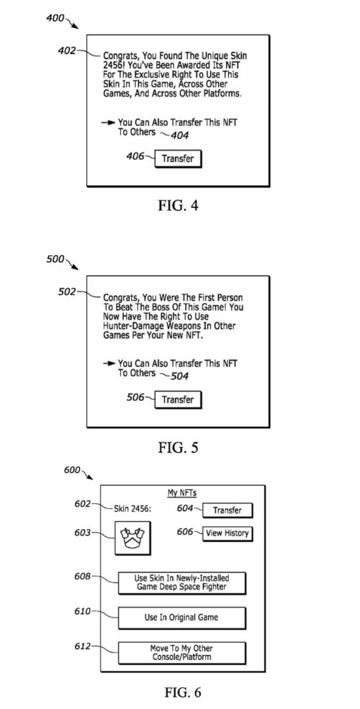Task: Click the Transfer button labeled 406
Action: tap(178, 158)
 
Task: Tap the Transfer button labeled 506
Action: tap(178, 399)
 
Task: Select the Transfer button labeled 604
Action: tap(227, 510)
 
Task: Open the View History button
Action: tap(227, 533)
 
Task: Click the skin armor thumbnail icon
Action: tap(132, 537)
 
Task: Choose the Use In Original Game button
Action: tap(182, 618)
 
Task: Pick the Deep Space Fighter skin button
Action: tap(182, 583)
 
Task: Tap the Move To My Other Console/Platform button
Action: tap(182, 652)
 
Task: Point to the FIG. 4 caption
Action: tap(178, 205)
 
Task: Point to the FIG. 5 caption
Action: tap(178, 447)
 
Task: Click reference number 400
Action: tap(55, 17)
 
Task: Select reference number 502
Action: tap(68, 292)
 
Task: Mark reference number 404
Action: tap(179, 135)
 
